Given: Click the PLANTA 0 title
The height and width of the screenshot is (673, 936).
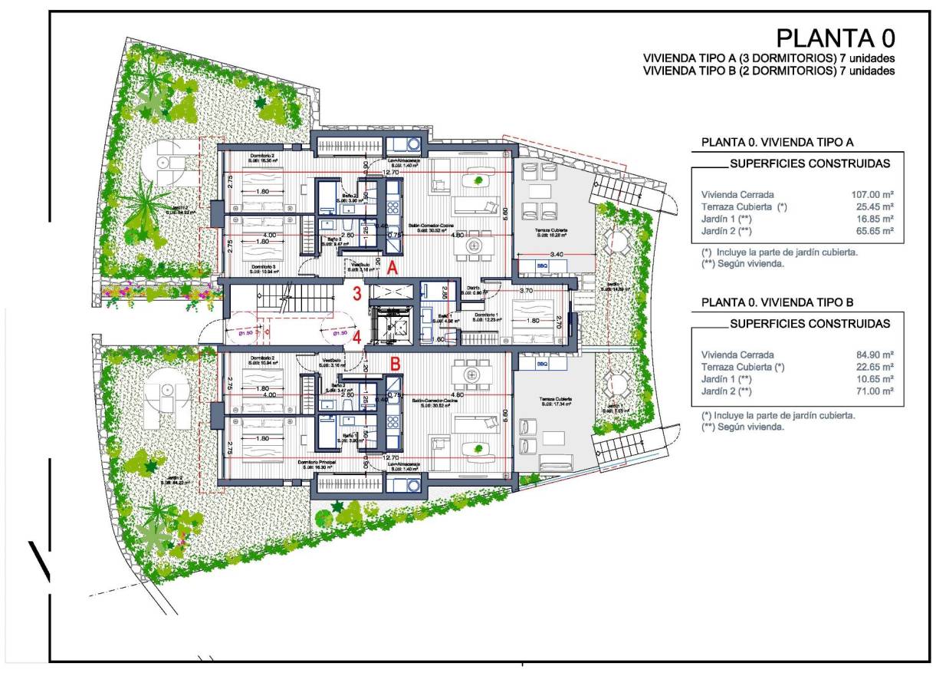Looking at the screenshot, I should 835,38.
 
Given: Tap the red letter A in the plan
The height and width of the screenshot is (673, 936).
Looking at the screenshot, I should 392,269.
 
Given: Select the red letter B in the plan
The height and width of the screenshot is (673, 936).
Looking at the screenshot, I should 396,364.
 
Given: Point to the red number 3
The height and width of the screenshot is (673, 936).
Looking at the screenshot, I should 356,293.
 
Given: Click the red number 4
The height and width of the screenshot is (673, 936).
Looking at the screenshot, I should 356,335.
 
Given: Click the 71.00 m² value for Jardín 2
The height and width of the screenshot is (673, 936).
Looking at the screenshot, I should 873,391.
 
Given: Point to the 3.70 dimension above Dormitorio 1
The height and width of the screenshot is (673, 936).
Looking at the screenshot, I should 526,292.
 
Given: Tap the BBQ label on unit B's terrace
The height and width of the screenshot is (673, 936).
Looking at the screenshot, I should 543,364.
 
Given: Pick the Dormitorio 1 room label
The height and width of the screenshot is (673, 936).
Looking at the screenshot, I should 486,314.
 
